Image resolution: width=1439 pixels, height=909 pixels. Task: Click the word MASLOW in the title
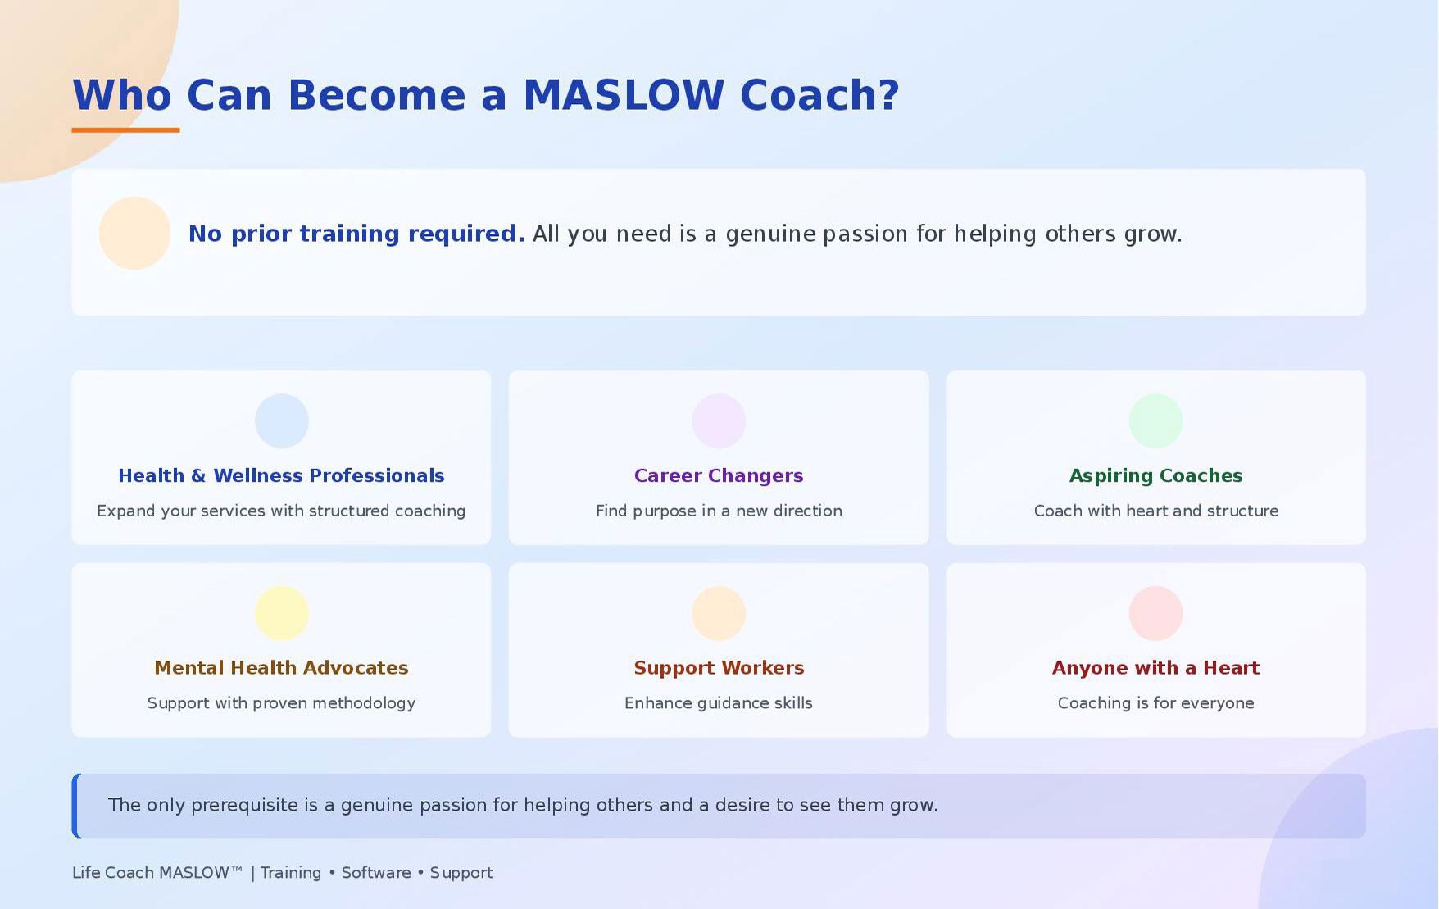click(x=624, y=95)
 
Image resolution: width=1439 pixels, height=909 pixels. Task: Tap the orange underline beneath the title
click(x=125, y=130)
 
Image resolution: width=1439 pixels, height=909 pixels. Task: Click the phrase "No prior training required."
click(x=356, y=234)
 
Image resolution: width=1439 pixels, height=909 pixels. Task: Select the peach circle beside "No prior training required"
click(x=134, y=233)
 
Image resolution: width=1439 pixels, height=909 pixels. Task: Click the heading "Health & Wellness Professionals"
click(x=281, y=475)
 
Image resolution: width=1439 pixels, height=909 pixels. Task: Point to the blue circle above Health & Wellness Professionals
click(x=281, y=421)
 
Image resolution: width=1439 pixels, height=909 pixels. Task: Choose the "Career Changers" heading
click(x=719, y=476)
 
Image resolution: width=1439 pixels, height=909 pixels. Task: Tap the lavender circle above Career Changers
click(x=719, y=421)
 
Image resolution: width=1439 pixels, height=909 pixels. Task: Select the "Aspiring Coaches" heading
click(x=1155, y=476)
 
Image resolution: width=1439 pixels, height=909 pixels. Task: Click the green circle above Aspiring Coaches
click(x=1155, y=421)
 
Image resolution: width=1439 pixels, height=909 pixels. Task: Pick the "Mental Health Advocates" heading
click(x=281, y=668)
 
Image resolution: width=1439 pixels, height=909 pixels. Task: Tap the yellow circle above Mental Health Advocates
click(x=281, y=613)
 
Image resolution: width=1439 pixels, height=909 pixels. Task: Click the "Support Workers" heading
click(x=719, y=668)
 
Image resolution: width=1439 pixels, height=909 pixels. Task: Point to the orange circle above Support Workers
click(x=719, y=613)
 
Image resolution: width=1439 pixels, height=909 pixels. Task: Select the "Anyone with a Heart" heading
click(x=1155, y=668)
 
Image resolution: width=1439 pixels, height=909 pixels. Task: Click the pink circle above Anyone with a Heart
click(x=1155, y=613)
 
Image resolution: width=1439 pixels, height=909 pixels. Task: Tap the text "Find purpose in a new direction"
click(x=719, y=511)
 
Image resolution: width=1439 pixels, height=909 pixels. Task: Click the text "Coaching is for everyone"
click(x=1155, y=702)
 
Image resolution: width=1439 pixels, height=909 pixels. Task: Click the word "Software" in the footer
click(x=376, y=872)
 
